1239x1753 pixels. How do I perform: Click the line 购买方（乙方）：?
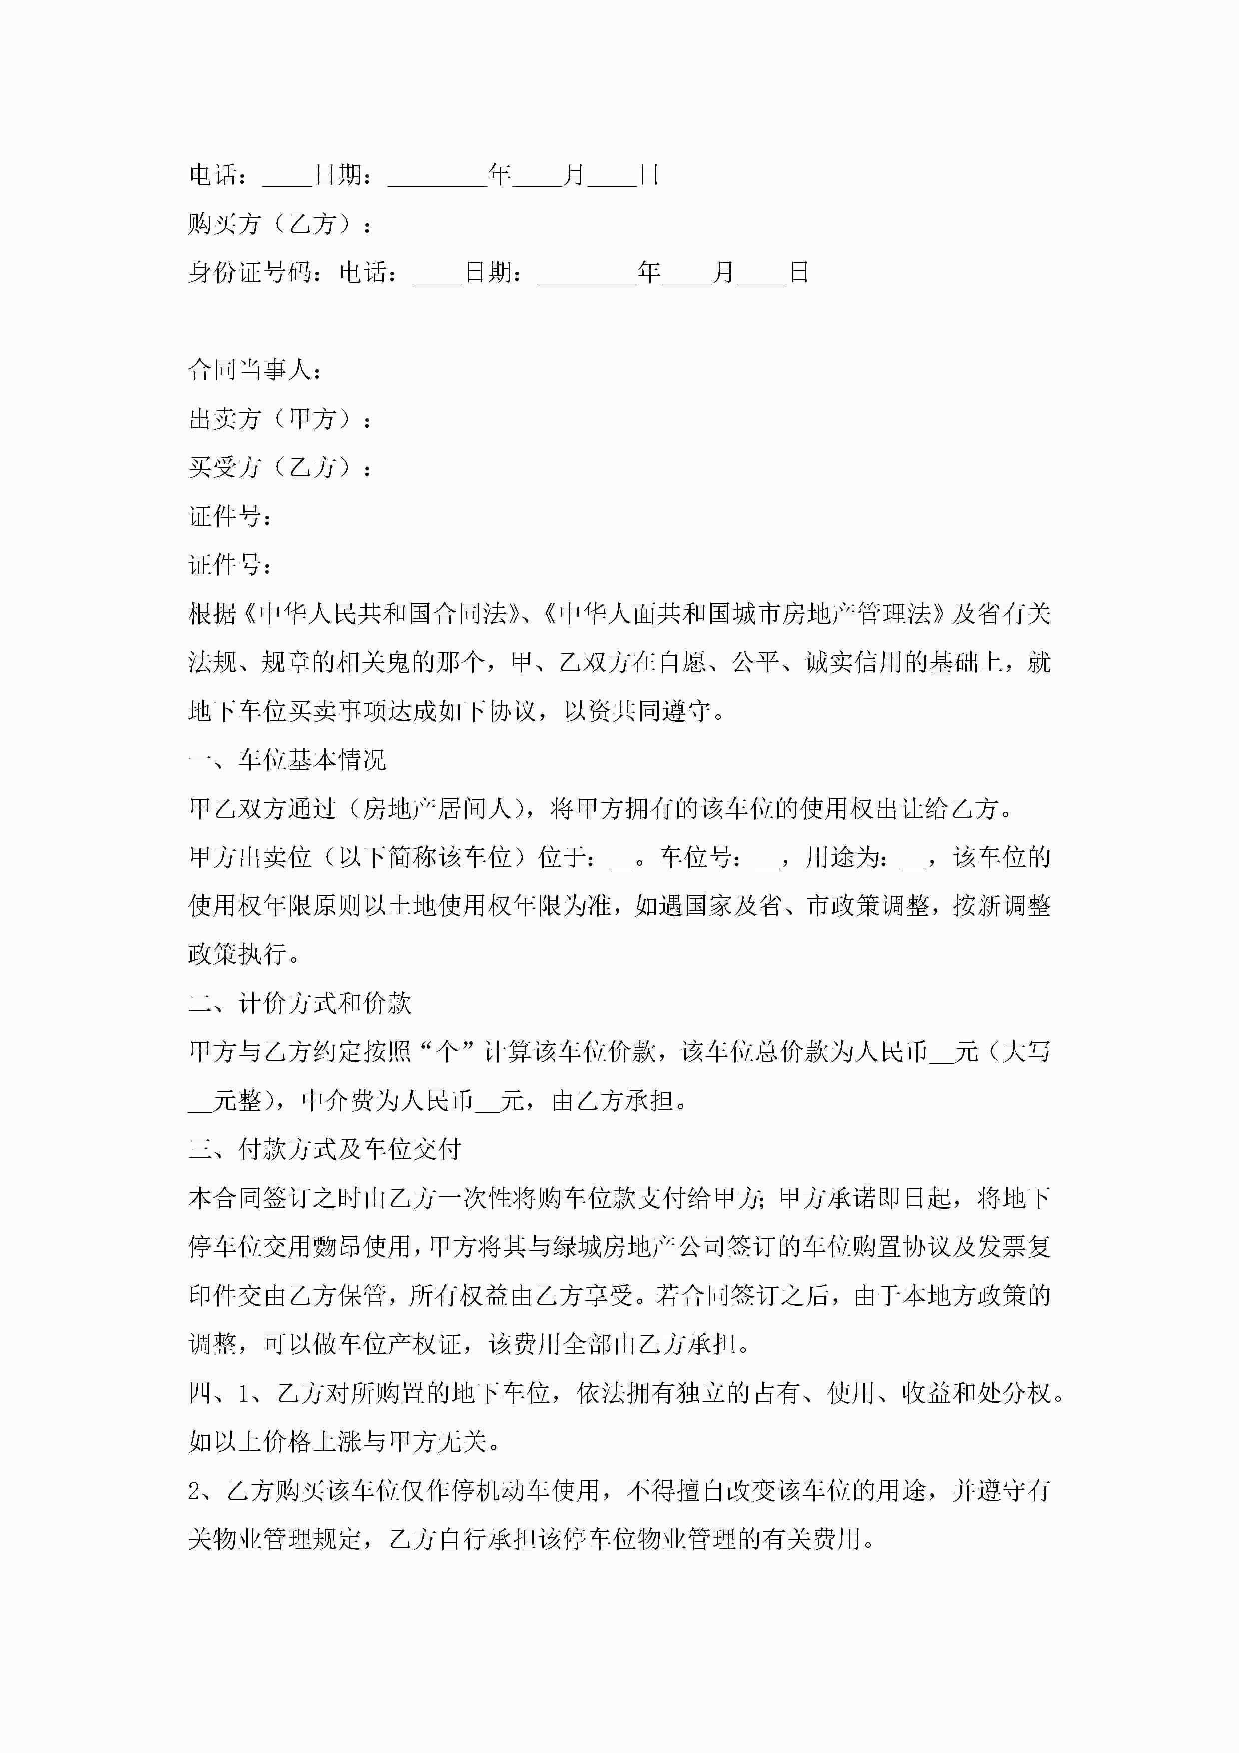click(280, 224)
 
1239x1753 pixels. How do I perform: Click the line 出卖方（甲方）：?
click(280, 418)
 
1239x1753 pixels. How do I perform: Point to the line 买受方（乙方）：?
click(280, 467)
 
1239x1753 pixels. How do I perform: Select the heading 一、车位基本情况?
click(287, 760)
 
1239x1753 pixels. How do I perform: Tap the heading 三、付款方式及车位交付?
click(324, 1149)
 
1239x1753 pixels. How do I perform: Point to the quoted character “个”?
click(447, 1052)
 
